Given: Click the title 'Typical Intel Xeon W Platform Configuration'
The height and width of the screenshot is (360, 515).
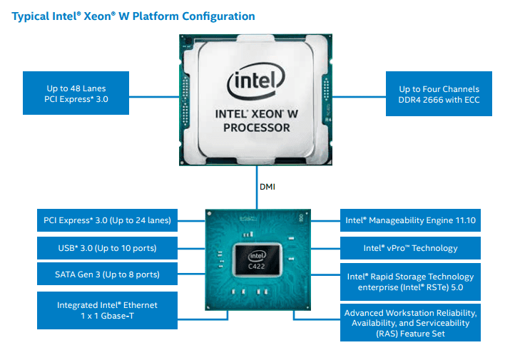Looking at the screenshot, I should [x=133, y=16].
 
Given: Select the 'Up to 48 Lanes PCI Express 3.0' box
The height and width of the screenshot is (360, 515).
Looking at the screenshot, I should [x=75, y=93].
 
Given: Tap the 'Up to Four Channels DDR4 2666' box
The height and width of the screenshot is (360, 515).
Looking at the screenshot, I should [x=439, y=93].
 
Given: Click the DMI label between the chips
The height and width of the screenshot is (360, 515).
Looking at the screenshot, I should [x=265, y=187].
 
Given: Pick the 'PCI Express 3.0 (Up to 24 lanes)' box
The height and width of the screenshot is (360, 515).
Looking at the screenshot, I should [x=106, y=220].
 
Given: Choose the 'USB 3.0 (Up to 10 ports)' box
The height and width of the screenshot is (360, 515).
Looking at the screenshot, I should [x=106, y=248].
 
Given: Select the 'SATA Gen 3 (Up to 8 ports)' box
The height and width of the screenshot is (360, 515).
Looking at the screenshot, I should [x=106, y=274].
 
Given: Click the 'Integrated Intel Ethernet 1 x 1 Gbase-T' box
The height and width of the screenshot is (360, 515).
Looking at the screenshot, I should [x=106, y=310].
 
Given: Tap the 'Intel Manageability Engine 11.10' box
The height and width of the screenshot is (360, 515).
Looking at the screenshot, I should [x=409, y=220].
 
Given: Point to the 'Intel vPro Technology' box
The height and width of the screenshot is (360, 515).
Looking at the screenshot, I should [x=409, y=248].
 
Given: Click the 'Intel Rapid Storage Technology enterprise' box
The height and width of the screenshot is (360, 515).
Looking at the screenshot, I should [x=409, y=281].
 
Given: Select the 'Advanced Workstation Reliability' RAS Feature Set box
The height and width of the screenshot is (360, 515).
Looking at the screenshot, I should [x=409, y=322].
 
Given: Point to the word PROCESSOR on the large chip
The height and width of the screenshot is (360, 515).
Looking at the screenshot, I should [x=257, y=128].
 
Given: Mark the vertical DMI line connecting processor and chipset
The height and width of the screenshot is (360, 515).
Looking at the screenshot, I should [x=256, y=187].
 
